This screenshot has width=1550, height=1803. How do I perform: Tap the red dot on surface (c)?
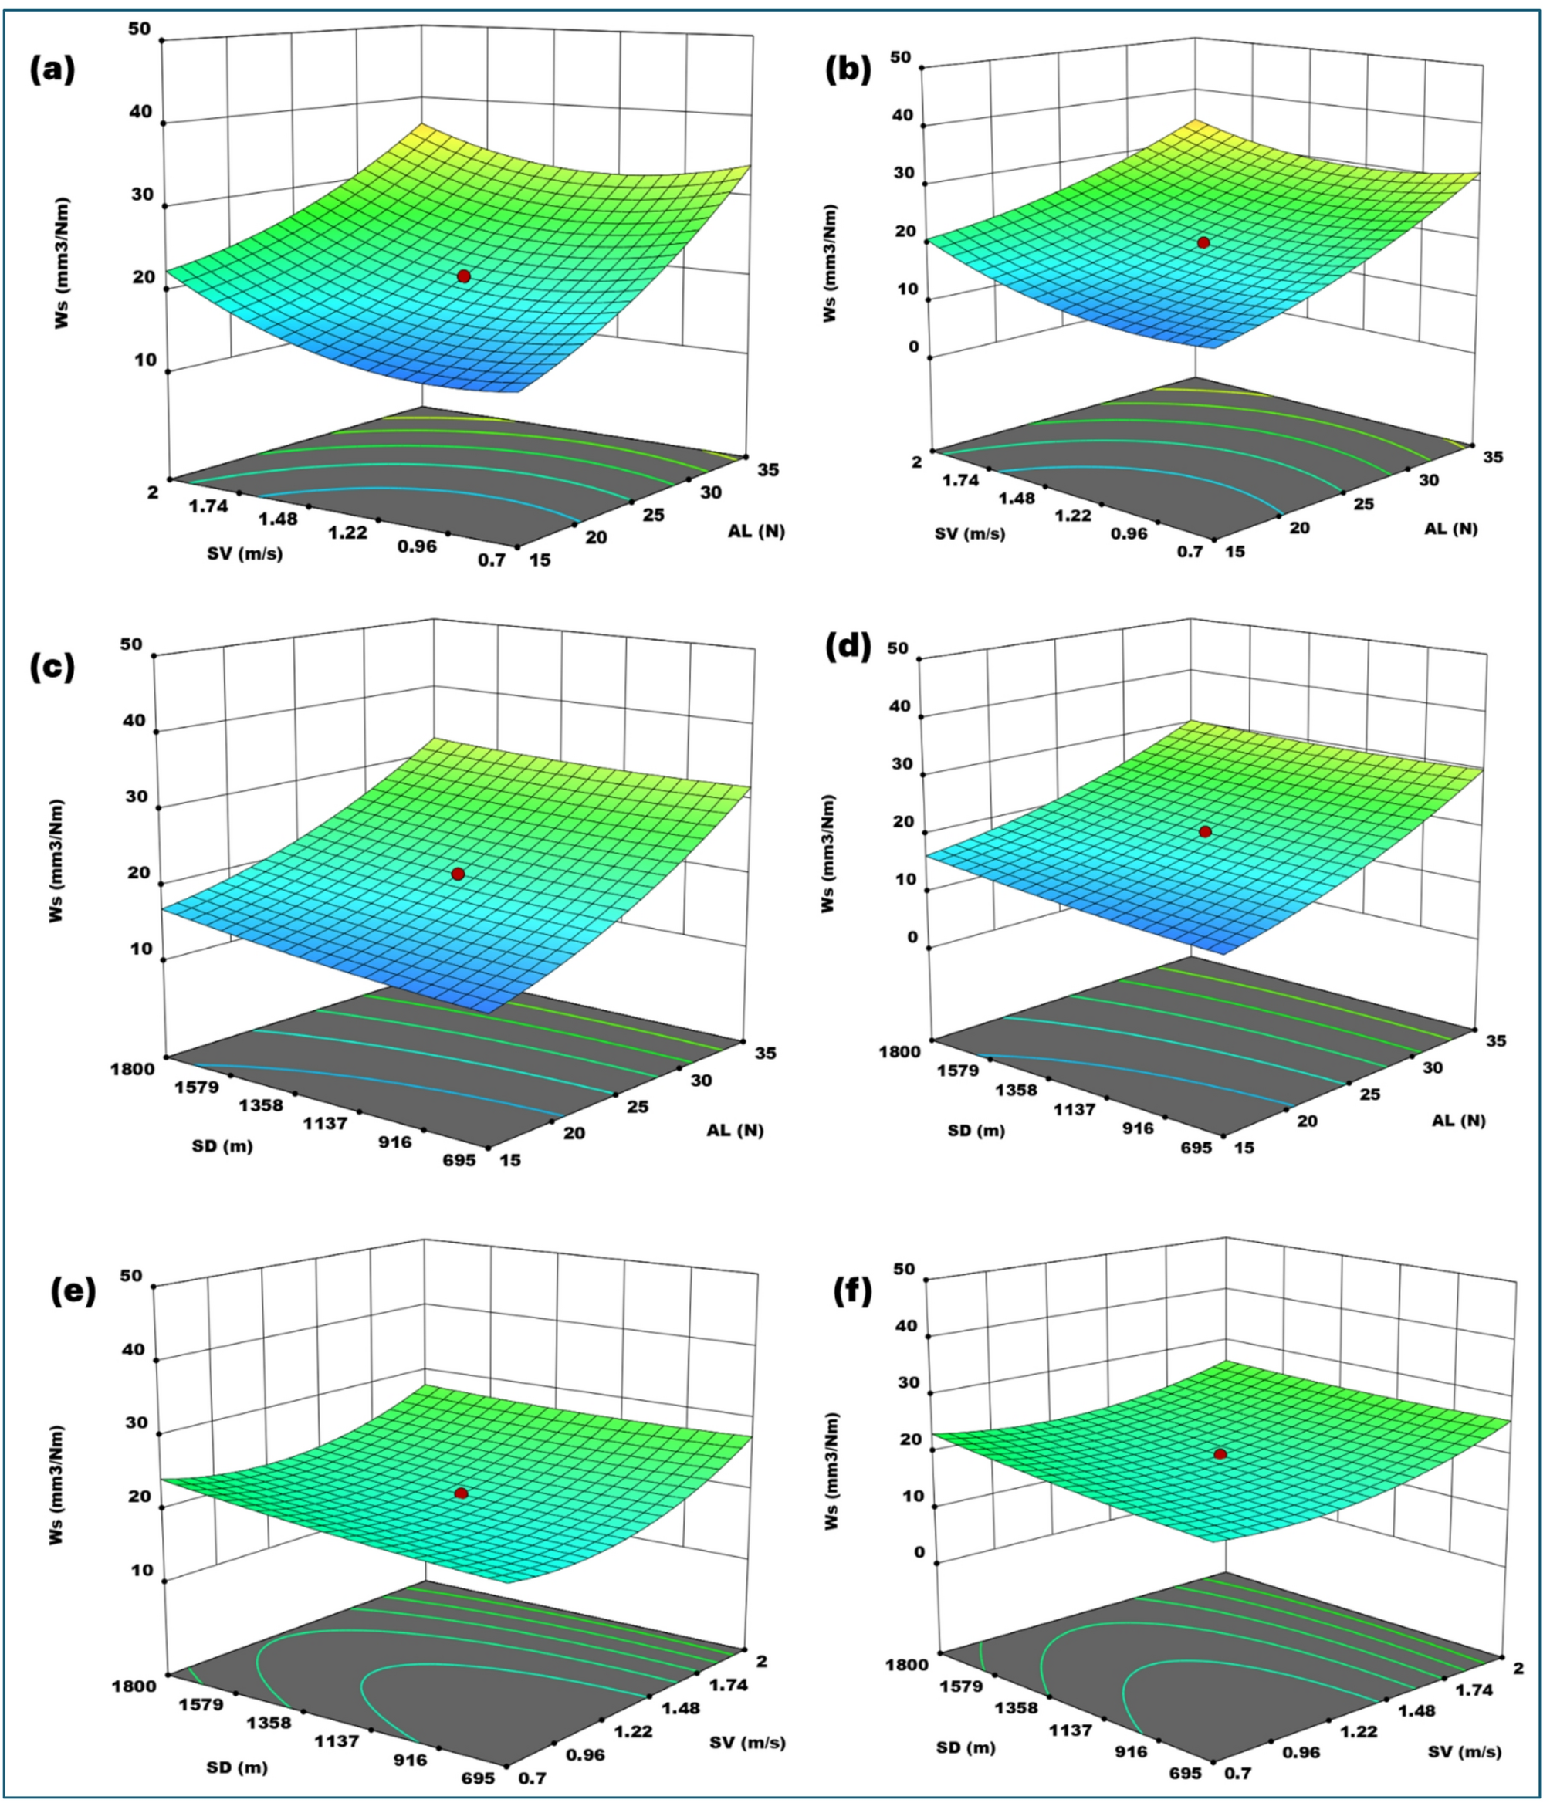pos(458,874)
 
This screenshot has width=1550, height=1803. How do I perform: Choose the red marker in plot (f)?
pos(1220,1454)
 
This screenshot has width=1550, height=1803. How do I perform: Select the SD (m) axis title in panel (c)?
pos(223,1146)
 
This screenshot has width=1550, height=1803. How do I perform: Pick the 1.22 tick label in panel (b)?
pos(1073,515)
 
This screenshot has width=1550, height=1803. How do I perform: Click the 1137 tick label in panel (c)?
pos(326,1123)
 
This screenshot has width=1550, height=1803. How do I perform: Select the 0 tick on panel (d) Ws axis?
pos(912,937)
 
